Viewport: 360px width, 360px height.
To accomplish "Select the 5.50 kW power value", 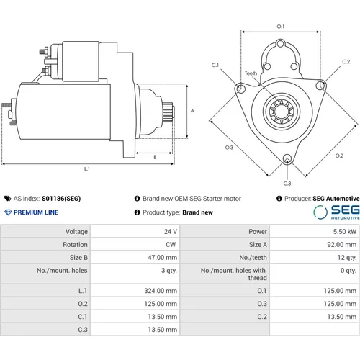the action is click(x=345, y=232).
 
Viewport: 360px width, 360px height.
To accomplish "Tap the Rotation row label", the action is click(x=75, y=245).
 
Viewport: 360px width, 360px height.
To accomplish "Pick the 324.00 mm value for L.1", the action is click(x=161, y=291).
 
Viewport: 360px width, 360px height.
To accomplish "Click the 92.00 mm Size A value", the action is click(x=342, y=245).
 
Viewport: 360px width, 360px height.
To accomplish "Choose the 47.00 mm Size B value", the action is click(x=163, y=258).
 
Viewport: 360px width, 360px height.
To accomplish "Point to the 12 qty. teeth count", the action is click(x=347, y=258).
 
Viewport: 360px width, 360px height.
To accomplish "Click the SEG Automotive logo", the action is click(x=336, y=212).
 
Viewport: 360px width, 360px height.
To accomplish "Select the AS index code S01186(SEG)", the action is click(x=61, y=199).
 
